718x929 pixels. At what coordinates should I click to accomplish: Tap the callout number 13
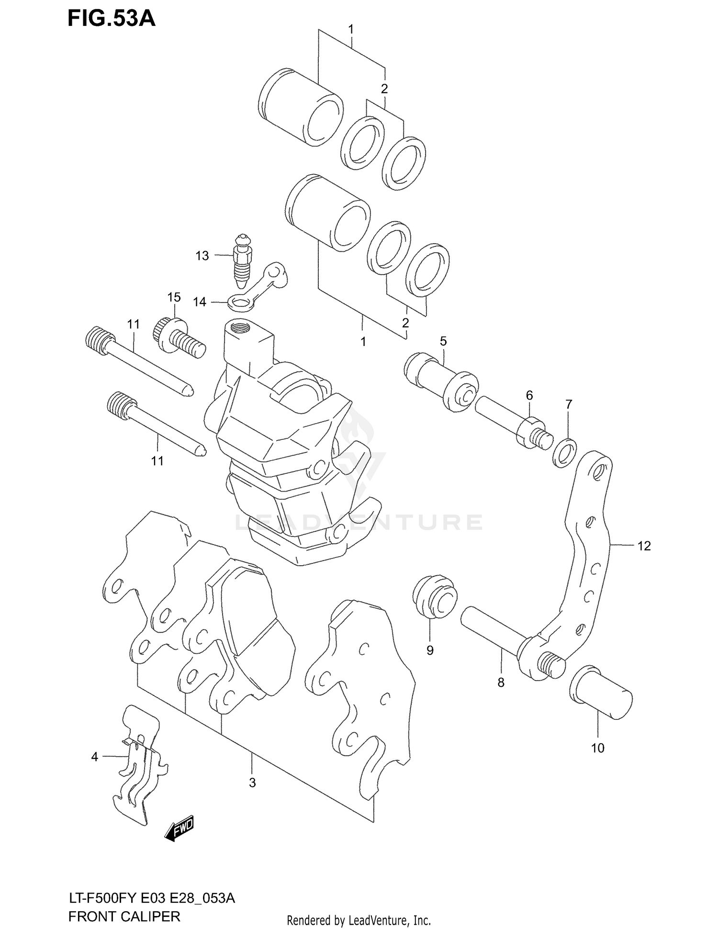pyautogui.click(x=202, y=256)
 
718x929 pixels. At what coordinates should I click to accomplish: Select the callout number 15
pyautogui.click(x=174, y=297)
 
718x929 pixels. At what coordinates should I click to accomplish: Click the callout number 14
pyautogui.click(x=200, y=302)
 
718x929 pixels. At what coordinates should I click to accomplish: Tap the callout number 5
pyautogui.click(x=443, y=341)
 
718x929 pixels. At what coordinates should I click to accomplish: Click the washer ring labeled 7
pyautogui.click(x=564, y=452)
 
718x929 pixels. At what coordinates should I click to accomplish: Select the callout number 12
pyautogui.click(x=644, y=546)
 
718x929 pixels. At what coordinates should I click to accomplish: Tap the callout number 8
pyautogui.click(x=501, y=683)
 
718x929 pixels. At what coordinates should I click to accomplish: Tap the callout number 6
pyautogui.click(x=529, y=395)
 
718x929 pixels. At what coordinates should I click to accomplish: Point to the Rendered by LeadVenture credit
pyautogui.click(x=359, y=920)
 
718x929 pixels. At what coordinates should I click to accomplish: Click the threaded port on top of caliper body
pyautogui.click(x=239, y=329)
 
